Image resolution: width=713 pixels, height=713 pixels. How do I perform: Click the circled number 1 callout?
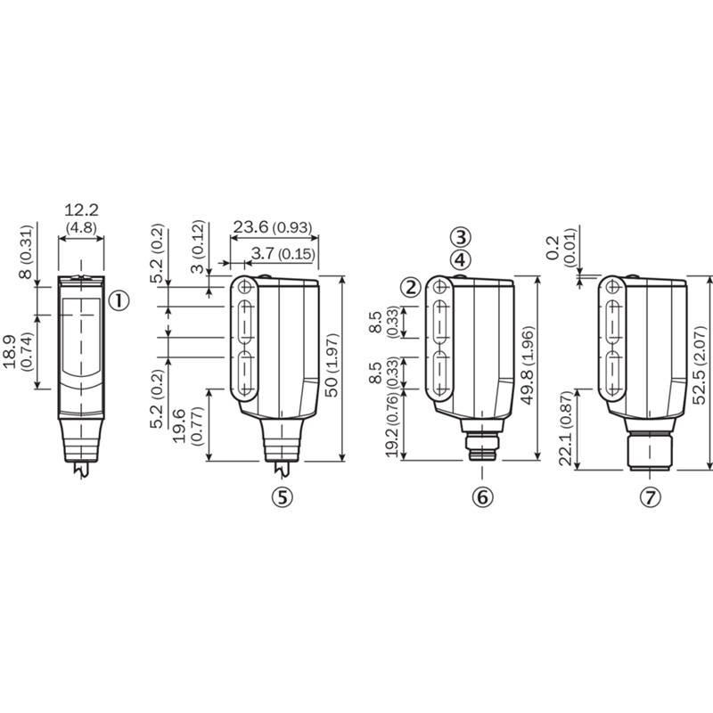(x=119, y=300)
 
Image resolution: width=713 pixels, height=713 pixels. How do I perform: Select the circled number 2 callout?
(x=411, y=287)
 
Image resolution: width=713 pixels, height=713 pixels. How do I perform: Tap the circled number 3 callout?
(x=461, y=237)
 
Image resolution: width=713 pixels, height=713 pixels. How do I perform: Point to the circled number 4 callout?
(x=461, y=260)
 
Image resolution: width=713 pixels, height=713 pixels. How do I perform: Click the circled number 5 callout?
(x=283, y=497)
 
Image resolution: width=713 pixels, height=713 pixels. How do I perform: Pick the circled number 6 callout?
(x=482, y=497)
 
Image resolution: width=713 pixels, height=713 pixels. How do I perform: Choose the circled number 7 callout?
(x=651, y=497)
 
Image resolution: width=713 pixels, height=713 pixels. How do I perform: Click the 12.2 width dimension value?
(x=81, y=210)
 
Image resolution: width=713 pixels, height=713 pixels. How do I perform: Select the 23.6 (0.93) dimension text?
(x=273, y=227)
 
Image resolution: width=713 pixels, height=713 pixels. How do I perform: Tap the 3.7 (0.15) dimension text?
(x=283, y=254)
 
